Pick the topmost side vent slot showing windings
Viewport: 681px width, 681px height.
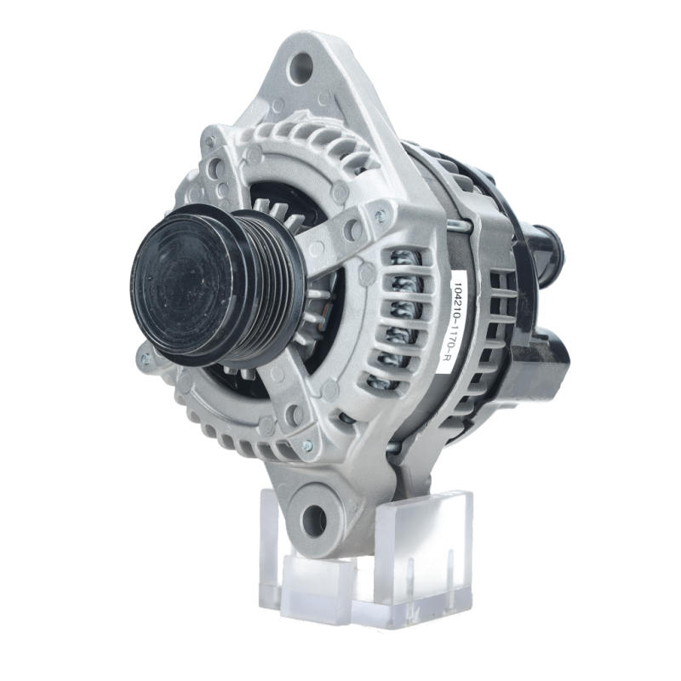[403, 260]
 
